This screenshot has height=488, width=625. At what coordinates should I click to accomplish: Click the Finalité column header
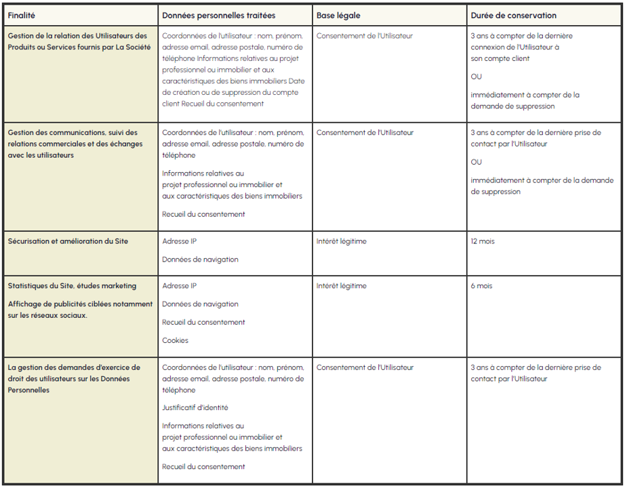pos(22,15)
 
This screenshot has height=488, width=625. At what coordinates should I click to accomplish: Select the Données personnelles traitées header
pos(218,15)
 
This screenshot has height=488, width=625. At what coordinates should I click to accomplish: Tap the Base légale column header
pos(338,15)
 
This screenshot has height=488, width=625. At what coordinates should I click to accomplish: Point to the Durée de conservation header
pos(513,15)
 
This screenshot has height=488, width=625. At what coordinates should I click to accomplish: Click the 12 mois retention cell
pos(483,241)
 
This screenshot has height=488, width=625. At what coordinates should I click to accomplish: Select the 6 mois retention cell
pos(481,286)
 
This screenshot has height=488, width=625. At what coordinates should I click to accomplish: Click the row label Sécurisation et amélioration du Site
pos(68,241)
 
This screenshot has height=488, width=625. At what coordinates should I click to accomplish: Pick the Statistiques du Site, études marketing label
pos(72,286)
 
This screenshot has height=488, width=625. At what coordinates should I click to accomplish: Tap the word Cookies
pos(175,340)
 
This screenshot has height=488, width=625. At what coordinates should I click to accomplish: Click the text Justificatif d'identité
pos(195,407)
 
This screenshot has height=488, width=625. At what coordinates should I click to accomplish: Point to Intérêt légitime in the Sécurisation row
pos(341,241)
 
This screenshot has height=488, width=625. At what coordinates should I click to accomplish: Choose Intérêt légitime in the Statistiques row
pos(341,286)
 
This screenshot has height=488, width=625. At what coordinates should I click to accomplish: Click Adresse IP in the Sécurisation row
pos(180,241)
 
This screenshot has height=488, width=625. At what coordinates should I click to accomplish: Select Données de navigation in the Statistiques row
pos(200,304)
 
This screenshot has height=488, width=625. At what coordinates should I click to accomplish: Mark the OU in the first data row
pos(477,77)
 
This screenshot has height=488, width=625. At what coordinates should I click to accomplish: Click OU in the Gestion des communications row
pos(477,162)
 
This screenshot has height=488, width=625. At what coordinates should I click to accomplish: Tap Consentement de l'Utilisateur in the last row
pos(365,367)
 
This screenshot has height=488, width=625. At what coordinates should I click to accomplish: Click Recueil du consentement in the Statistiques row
pos(203,322)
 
